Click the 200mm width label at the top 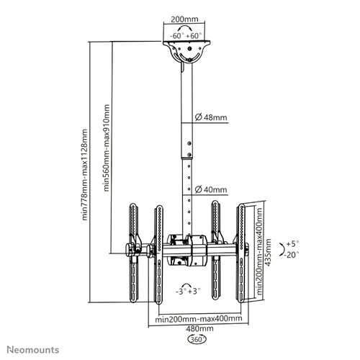[184, 19]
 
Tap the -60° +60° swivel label [184, 36]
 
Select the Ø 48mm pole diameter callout [211, 117]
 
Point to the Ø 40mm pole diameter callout [211, 189]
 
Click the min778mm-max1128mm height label [85, 175]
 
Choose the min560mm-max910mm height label [107, 148]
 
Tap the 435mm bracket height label [269, 252]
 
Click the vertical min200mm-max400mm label [259, 251]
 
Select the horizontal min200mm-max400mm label [199, 319]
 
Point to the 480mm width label [199, 328]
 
